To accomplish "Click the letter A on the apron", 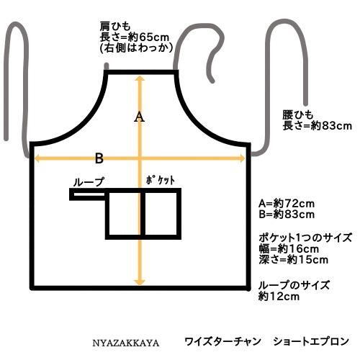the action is click(139, 117).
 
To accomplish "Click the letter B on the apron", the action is click(99, 158).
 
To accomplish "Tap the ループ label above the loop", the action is click(89, 182).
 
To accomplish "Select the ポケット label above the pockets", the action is click(161, 181).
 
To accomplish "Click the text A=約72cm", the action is click(287, 204).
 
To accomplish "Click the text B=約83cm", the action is click(287, 215).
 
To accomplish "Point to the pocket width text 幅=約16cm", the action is click(289, 249).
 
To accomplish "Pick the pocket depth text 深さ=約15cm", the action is click(293, 260).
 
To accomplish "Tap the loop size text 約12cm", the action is click(279, 297).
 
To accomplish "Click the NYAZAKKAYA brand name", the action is click(126, 343).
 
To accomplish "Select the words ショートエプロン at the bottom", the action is click(311, 341).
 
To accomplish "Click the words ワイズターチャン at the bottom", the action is click(222, 341).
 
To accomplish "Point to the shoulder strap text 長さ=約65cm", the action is click(135, 37).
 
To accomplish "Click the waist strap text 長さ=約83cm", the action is click(317, 126).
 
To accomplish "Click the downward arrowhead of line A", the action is click(140, 282).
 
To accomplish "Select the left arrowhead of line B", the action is click(37, 158).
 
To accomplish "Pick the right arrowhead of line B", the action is click(242, 158).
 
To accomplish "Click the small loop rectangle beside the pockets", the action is click(87, 194).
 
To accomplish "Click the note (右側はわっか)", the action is click(136, 48).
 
